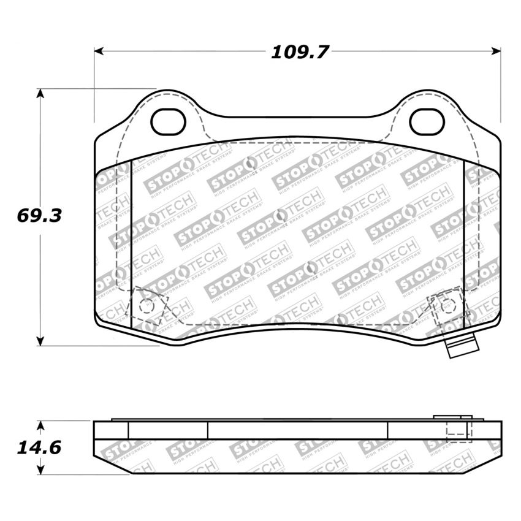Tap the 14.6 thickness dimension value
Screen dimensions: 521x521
point(39,448)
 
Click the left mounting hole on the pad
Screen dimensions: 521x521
point(168,123)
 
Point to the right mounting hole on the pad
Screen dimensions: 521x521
point(427,122)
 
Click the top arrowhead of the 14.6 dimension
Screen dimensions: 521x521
point(40,425)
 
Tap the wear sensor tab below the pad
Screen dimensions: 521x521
point(462,349)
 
